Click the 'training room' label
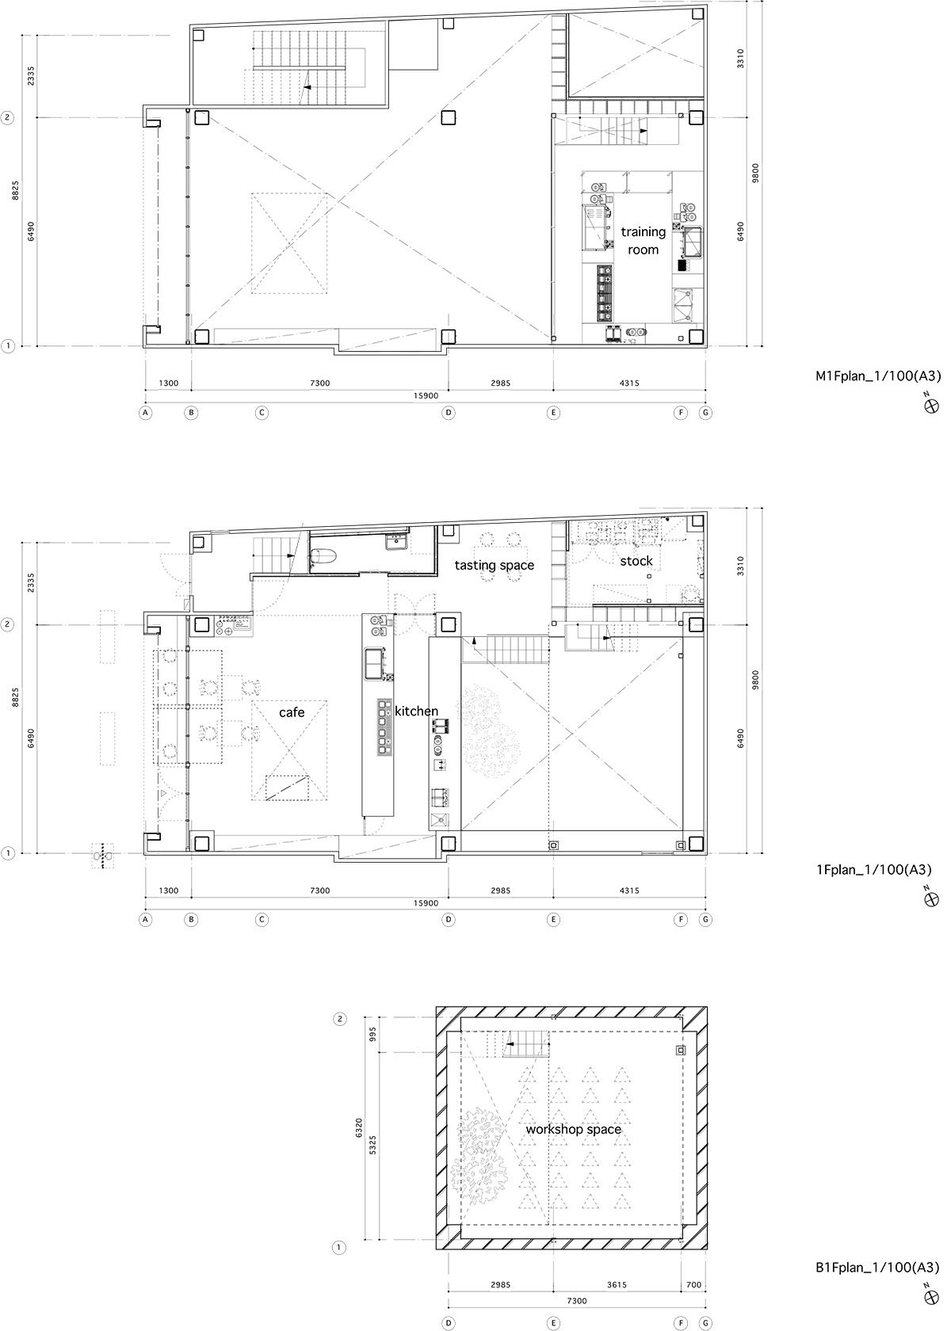[x=644, y=241]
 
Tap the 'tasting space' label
[x=494, y=565]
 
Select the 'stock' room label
[x=636, y=561]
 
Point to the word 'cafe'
[x=292, y=711]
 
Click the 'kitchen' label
[x=416, y=711]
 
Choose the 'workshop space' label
[x=573, y=1129]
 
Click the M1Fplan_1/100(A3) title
[x=878, y=376]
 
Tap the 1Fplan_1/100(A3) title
[x=873, y=870]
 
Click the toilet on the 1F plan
[x=323, y=556]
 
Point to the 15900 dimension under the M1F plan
[x=426, y=396]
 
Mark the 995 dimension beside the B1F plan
[x=372, y=1035]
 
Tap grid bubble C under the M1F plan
[x=262, y=412]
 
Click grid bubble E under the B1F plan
[x=553, y=1323]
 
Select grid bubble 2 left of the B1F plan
[x=339, y=1020]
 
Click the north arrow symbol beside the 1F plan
[x=931, y=899]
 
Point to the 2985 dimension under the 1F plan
[x=501, y=891]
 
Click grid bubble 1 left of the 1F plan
[x=8, y=853]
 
